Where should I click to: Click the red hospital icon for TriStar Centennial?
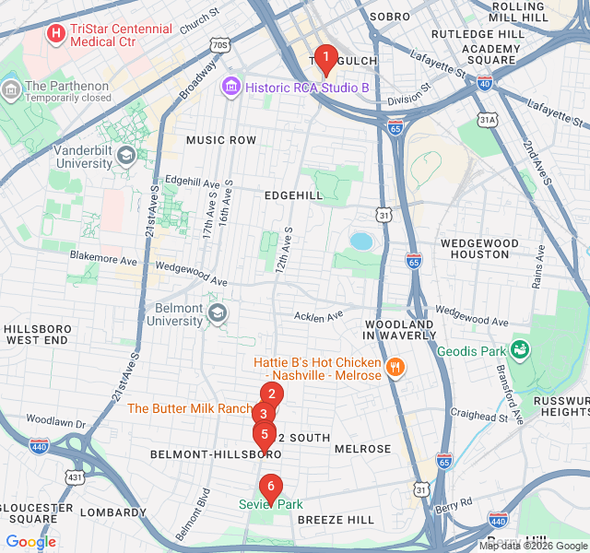(x=56, y=34)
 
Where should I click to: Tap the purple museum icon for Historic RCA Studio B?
(x=230, y=88)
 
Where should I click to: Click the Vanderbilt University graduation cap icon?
(x=125, y=155)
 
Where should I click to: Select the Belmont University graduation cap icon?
(x=217, y=313)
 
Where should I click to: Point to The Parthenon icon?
(x=11, y=89)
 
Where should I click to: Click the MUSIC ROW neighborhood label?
(x=221, y=140)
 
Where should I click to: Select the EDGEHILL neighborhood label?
(x=293, y=195)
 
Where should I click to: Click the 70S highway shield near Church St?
(x=218, y=44)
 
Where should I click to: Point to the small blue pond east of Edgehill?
(x=361, y=241)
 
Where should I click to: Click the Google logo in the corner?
(x=30, y=541)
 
